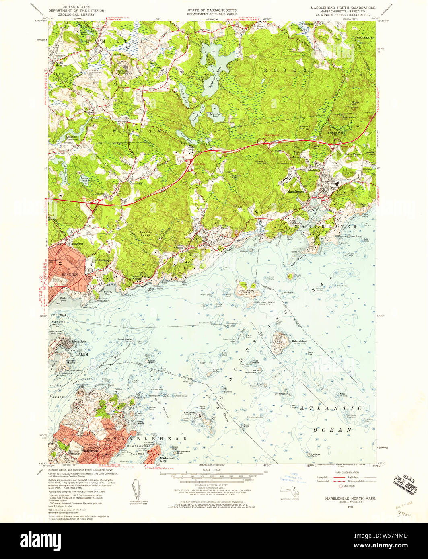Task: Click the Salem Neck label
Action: [78, 341]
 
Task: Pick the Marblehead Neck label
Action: [167, 459]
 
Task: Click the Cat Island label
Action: [190, 413]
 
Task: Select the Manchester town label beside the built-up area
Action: [296, 192]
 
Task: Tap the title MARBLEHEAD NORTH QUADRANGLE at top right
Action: [343, 8]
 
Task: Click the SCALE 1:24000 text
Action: [212, 470]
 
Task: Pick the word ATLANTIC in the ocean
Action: [331, 408]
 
